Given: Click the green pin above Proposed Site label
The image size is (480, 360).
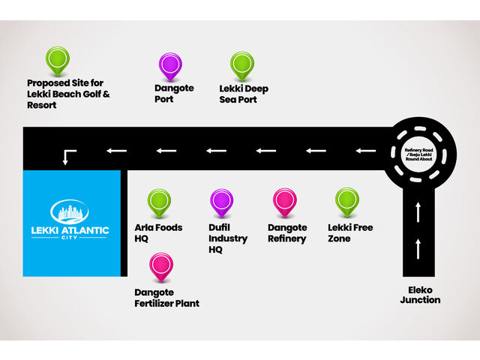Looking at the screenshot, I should pyautogui.click(x=57, y=59).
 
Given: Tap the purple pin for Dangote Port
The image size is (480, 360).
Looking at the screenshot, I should pyautogui.click(x=171, y=64).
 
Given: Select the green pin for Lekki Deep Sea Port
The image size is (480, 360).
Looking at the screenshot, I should pyautogui.click(x=241, y=64).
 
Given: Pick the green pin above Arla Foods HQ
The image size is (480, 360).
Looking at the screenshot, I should pyautogui.click(x=159, y=201).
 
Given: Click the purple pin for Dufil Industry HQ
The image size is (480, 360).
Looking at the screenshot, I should pyautogui.click(x=222, y=201).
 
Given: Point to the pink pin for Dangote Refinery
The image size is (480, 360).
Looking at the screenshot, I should pyautogui.click(x=284, y=201).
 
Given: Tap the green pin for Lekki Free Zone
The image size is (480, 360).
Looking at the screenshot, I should pyautogui.click(x=346, y=201).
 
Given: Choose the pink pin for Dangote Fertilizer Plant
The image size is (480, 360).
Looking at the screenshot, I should pyautogui.click(x=160, y=265).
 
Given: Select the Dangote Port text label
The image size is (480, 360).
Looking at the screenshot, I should pyautogui.click(x=174, y=94).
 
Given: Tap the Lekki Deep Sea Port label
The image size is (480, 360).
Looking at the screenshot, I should pyautogui.click(x=244, y=94).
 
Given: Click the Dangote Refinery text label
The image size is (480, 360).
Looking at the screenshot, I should pyautogui.click(x=287, y=233).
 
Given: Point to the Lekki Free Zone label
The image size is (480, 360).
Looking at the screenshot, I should pyautogui.click(x=350, y=233).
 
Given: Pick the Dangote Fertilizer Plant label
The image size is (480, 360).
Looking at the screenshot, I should pyautogui.click(x=166, y=298).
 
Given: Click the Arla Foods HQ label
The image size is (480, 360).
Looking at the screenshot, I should pyautogui.click(x=158, y=233).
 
